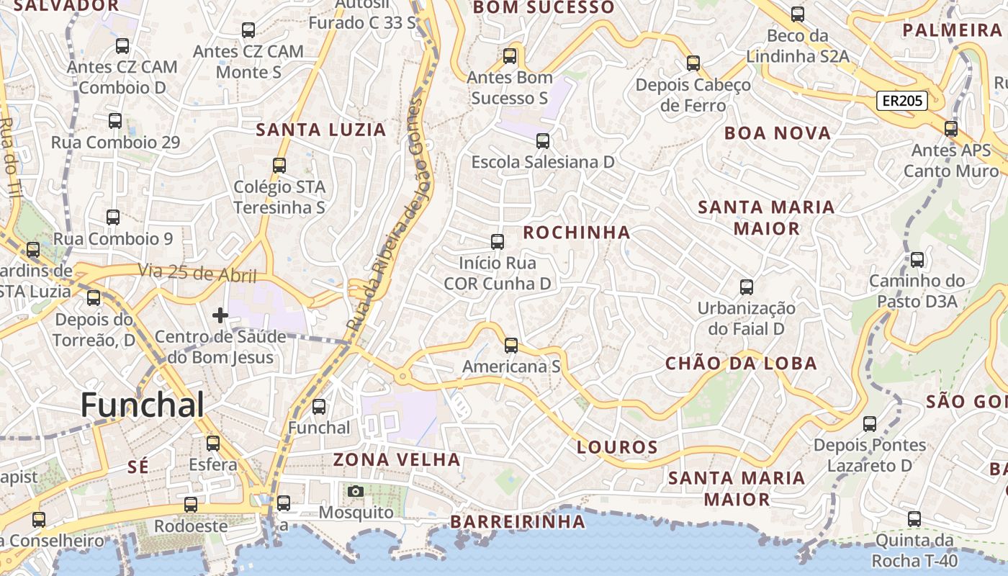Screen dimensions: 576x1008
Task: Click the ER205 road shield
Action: tap(901, 101)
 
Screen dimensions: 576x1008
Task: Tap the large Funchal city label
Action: tap(143, 405)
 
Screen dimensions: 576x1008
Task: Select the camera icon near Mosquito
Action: tap(356, 492)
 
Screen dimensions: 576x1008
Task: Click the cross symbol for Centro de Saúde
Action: tap(220, 315)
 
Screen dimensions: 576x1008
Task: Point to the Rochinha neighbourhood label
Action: tap(577, 233)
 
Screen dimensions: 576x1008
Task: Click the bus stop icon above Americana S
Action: tap(511, 346)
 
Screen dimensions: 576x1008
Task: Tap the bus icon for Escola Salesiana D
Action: tap(543, 141)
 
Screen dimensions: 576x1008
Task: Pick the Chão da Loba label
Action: tap(741, 364)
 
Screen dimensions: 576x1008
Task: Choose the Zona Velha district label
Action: tap(397, 459)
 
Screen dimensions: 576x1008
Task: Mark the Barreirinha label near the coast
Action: tap(518, 521)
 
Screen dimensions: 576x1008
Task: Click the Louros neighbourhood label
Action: tap(618, 447)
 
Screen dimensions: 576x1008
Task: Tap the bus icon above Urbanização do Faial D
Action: tap(747, 287)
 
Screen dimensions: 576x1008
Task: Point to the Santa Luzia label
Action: tap(322, 130)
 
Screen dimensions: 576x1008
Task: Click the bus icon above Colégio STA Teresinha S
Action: tap(279, 166)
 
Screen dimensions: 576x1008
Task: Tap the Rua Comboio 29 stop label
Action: tap(115, 143)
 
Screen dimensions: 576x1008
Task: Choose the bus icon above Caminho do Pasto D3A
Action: tap(917, 260)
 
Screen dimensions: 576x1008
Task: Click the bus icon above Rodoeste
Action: tap(191, 505)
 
